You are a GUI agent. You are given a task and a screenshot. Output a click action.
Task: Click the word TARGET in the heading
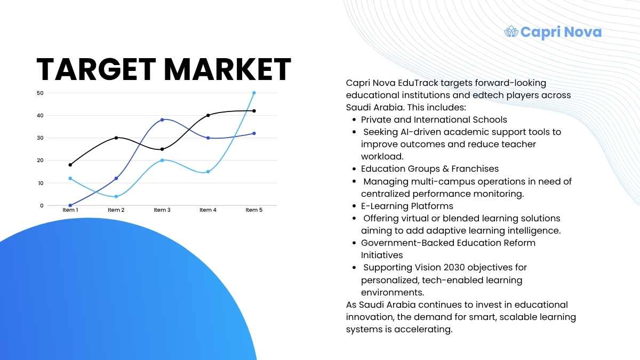[x=97, y=69]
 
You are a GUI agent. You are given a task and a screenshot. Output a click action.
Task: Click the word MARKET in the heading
[x=228, y=69]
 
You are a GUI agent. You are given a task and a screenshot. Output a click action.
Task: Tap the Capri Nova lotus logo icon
[x=511, y=31]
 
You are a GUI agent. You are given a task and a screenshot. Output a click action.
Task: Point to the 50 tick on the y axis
[x=40, y=93]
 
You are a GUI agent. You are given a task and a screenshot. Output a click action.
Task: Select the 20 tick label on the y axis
[x=40, y=161]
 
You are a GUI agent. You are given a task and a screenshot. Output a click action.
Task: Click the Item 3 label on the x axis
[x=162, y=210]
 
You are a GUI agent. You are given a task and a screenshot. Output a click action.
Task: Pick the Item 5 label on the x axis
[x=254, y=210]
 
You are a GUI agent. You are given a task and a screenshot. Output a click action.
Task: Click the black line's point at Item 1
[x=70, y=165]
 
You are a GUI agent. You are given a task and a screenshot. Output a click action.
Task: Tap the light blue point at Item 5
[x=254, y=93]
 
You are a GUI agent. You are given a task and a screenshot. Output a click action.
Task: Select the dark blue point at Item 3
[x=162, y=119]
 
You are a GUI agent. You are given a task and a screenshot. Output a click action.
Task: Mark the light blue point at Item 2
[x=116, y=196]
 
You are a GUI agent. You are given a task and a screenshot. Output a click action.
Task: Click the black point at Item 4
[x=208, y=115]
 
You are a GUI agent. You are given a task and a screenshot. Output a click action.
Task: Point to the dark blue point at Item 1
[x=70, y=205]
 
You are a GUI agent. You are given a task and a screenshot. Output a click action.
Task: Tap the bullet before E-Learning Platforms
[x=354, y=206]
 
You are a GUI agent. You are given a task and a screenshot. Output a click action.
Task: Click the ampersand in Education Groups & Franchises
[x=446, y=169]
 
